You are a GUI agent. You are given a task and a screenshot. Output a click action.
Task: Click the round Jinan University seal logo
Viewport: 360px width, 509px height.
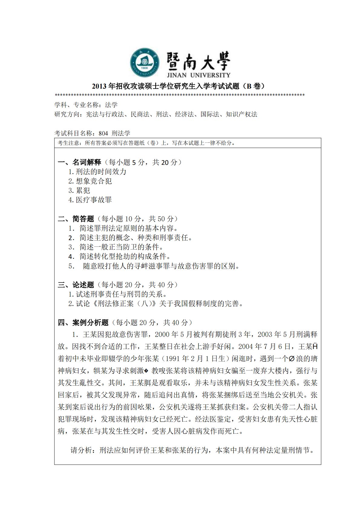pos(145,63)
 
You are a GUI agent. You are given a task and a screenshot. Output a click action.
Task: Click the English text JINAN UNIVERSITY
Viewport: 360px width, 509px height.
pos(198,75)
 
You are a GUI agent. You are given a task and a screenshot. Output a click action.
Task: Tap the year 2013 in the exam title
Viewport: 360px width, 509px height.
pos(99,86)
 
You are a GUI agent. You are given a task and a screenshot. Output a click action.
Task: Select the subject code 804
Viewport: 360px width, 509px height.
pos(103,133)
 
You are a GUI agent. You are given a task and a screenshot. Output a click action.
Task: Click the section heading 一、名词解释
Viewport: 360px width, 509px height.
pos(79,162)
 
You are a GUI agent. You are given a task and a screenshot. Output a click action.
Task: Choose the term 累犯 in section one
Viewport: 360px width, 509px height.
pos(83,191)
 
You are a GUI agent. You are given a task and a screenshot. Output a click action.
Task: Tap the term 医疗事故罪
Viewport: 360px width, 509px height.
pos(93,200)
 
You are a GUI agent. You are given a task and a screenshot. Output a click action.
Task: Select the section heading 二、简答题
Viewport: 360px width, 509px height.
pos(76,219)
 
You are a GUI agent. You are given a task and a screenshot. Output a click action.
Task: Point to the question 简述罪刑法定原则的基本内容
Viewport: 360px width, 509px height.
pos(129,228)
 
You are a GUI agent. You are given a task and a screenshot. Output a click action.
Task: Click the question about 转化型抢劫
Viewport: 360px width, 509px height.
pos(125,256)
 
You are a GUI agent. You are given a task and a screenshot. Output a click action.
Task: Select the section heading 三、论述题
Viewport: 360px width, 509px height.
pos(76,285)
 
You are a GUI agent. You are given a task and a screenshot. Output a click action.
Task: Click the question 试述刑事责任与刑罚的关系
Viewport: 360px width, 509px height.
pos(121,294)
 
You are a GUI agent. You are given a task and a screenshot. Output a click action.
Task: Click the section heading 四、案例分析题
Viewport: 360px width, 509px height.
pos(83,323)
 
